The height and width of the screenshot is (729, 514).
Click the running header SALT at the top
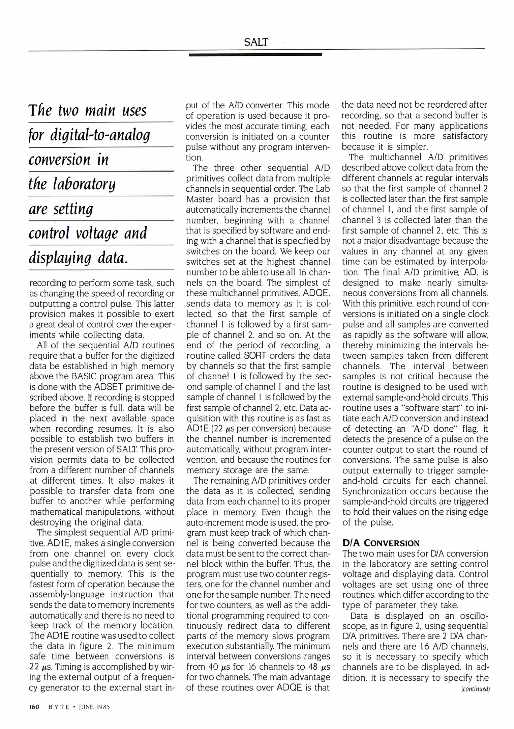pos(256,42)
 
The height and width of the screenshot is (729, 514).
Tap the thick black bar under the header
pos(255,54)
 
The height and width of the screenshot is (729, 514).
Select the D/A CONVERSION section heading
pos(381,543)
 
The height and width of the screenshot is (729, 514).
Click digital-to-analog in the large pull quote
pos(99,135)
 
